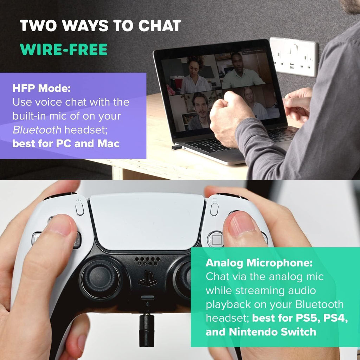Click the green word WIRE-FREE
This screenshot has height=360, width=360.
[64, 49]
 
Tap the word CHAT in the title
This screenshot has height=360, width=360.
[159, 25]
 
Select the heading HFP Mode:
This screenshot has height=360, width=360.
[41, 88]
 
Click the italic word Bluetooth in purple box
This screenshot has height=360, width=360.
[37, 130]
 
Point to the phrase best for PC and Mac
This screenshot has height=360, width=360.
[66, 144]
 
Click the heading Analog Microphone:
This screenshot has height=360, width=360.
[259, 263]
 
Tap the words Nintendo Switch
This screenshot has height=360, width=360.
[272, 332]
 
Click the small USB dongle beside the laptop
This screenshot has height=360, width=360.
[177, 147]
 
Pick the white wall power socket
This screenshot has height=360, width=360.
[294, 57]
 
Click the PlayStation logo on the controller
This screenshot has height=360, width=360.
[147, 278]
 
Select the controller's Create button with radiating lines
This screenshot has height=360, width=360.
[79, 208]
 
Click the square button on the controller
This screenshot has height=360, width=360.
[217, 240]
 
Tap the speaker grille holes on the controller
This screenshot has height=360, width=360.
[147, 261]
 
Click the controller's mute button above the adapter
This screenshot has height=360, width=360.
[148, 297]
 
